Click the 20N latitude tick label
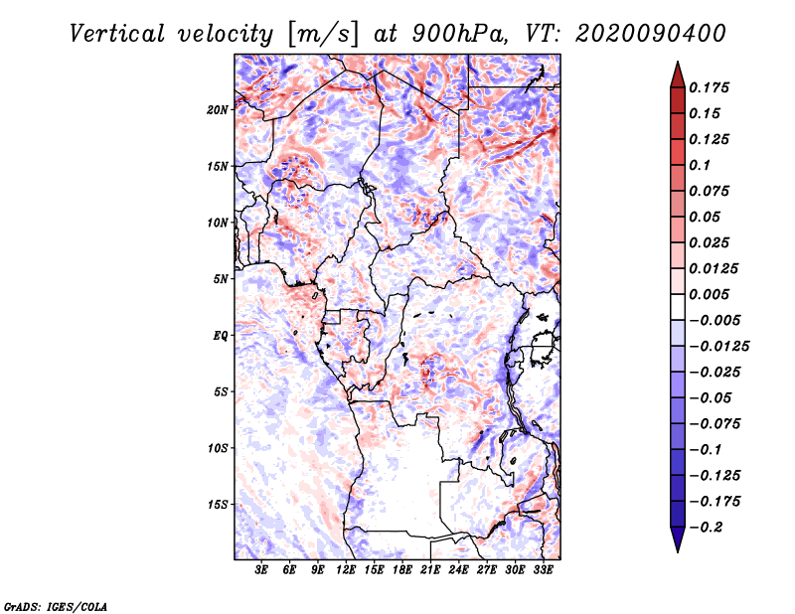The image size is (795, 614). click(218, 109)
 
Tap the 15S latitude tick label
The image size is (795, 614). click(218, 505)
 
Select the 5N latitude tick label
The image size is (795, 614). click(221, 279)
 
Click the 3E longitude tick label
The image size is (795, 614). click(262, 570)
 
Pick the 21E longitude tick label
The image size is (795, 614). click(431, 570)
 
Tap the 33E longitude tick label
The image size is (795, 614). click(544, 570)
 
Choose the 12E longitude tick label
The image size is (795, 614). click(347, 570)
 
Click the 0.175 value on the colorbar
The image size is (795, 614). click(711, 87)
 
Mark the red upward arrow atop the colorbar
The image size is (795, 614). click(676, 72)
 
